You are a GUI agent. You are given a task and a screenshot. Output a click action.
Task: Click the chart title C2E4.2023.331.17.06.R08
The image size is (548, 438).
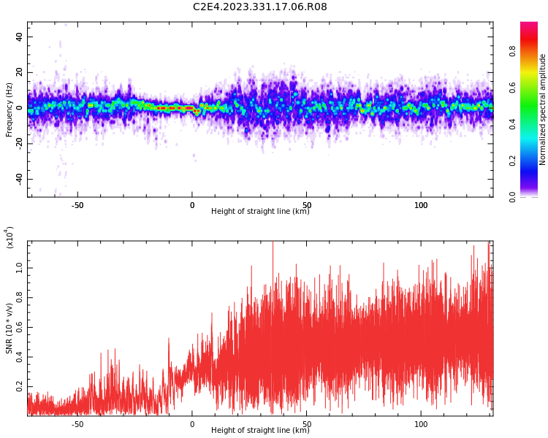(260, 7)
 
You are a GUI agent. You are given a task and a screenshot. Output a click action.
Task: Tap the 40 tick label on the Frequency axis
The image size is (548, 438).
(19, 36)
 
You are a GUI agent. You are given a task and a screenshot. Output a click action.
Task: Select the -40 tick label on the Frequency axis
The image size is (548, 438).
(19, 179)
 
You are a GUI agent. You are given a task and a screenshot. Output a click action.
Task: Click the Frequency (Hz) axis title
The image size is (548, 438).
(9, 109)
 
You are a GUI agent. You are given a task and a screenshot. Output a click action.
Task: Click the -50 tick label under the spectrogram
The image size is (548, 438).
(77, 205)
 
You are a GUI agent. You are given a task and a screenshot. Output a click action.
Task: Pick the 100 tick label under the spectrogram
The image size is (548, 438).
(421, 205)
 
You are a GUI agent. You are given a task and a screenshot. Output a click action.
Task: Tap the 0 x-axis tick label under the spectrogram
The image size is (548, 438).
(192, 205)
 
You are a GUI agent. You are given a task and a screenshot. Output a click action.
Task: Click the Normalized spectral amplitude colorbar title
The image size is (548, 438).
(542, 109)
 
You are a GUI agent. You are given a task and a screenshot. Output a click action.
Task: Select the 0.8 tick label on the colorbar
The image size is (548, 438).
(512, 51)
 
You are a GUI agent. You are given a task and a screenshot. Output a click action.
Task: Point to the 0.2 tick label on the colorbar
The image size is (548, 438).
(512, 161)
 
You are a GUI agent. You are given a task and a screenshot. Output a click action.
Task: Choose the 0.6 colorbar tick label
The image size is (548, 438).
(512, 88)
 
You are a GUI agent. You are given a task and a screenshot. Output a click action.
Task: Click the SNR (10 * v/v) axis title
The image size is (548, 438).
(9, 328)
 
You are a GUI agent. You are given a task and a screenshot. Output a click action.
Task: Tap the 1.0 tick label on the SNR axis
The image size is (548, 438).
(19, 268)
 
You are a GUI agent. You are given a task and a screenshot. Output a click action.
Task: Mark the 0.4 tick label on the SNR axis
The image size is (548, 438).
(19, 357)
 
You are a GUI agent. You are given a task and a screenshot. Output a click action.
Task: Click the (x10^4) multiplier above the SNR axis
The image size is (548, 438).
(9, 237)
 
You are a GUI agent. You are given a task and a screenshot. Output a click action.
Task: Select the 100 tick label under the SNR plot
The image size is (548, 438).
(421, 424)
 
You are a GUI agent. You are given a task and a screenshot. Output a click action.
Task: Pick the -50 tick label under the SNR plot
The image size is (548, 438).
(77, 424)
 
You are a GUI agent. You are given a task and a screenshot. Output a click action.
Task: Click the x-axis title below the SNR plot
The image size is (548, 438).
(260, 430)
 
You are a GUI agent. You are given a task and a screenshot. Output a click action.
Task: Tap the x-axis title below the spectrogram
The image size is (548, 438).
(260, 211)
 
